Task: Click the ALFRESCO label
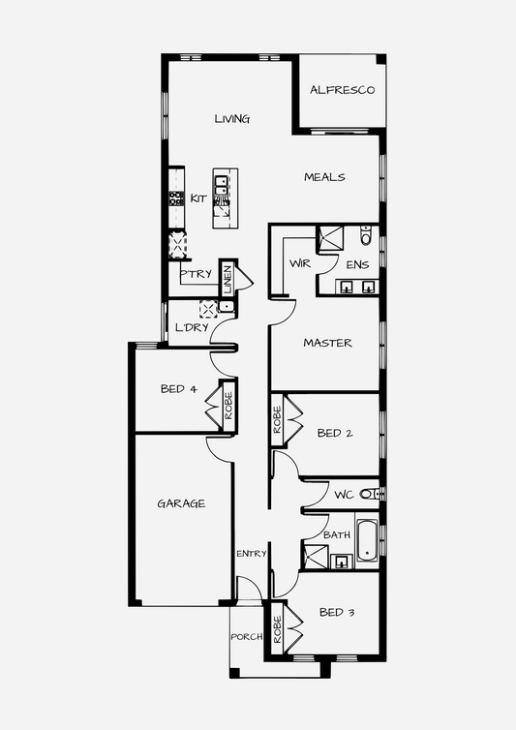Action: [x=343, y=90]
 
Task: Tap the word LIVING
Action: [x=232, y=119]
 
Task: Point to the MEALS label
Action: [x=324, y=177]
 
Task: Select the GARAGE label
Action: [x=181, y=503]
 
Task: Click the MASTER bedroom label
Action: [x=327, y=343]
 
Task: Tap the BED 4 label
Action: [x=179, y=389]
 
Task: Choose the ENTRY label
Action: [x=252, y=554]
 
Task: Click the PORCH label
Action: [x=247, y=636]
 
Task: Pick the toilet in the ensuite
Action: [x=366, y=235]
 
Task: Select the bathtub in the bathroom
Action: [x=367, y=540]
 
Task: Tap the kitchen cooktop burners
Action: [x=176, y=198]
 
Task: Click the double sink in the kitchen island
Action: [x=221, y=185]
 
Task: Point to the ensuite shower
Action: [x=330, y=239]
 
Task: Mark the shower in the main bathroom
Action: [x=316, y=557]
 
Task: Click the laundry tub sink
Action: [x=226, y=306]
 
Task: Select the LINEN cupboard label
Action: [x=228, y=279]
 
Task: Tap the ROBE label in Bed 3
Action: [x=277, y=629]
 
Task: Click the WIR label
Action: [x=300, y=263]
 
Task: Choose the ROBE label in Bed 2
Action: [x=277, y=420]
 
